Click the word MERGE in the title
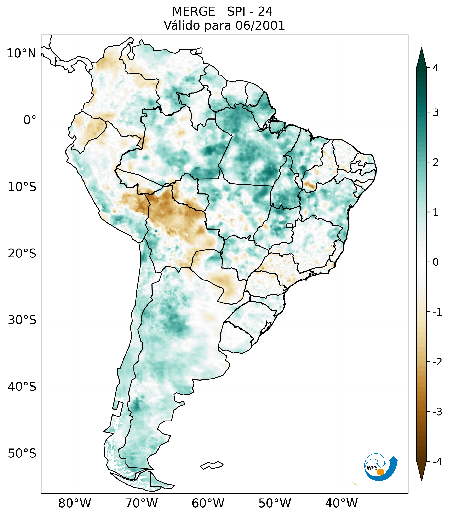point(194,12)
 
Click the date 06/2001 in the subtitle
point(260,25)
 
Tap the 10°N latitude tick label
point(21,53)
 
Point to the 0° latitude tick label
point(30,120)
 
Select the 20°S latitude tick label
point(22,254)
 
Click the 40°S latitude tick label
point(22,387)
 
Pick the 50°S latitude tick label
point(22,453)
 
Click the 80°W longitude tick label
point(75,503)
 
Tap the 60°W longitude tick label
point(208,503)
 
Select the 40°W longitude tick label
point(341,503)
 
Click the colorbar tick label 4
point(436,68)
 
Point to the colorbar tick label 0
point(436,262)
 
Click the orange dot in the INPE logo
point(380,472)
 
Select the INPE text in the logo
point(372,468)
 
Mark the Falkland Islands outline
point(212,465)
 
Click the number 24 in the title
point(265,12)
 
